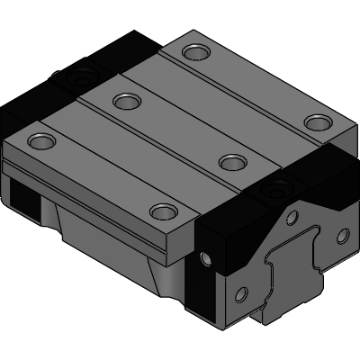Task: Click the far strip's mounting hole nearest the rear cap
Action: [x=193, y=52]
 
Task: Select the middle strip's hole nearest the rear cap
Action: [x=124, y=100]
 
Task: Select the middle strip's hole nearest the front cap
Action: [x=232, y=162]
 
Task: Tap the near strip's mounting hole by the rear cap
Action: [x=40, y=140]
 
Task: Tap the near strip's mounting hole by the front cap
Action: [x=162, y=211]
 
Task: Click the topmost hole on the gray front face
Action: [x=292, y=219]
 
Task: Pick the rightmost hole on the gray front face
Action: [x=341, y=236]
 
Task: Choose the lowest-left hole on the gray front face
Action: [x=240, y=293]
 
